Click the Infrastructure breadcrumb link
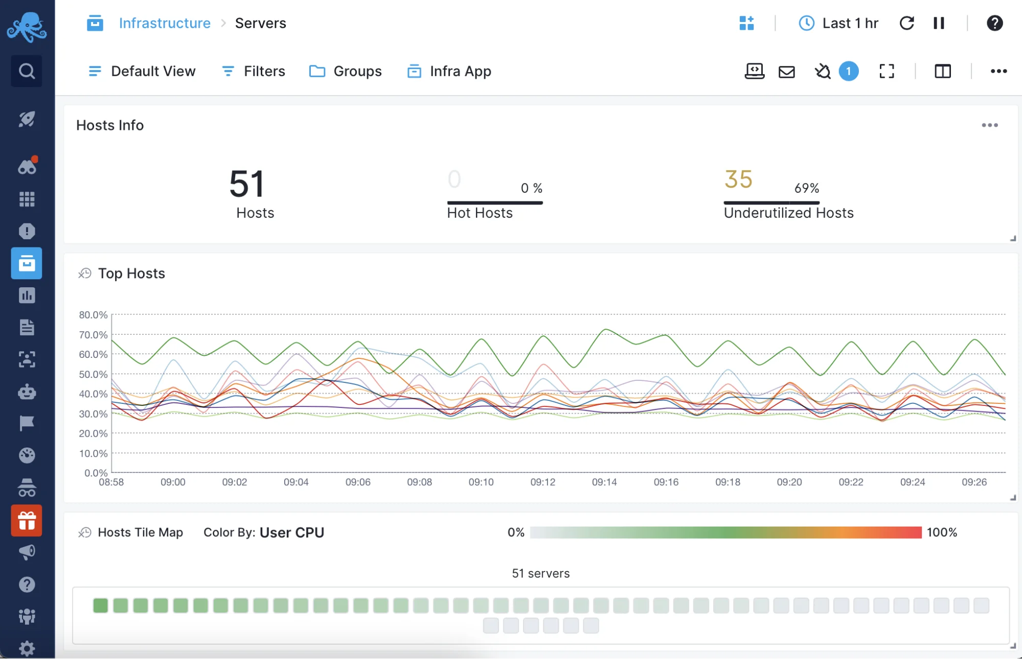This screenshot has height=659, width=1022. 164,23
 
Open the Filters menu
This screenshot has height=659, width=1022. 254,71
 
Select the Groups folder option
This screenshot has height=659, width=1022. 346,71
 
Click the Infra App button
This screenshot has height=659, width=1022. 449,71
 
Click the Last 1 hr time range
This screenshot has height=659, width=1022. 838,23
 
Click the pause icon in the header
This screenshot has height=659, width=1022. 939,23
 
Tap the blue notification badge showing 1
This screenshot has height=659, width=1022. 849,71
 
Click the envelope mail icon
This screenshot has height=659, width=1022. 786,72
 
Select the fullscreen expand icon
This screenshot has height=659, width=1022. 887,71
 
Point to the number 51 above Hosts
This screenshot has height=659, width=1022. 247,184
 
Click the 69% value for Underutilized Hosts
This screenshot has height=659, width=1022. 806,188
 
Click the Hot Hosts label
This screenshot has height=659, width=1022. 480,213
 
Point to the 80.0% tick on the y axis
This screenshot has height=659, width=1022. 93,315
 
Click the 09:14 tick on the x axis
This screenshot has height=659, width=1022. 604,482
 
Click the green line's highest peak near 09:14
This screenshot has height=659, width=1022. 606,330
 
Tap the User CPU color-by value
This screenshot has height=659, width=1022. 291,532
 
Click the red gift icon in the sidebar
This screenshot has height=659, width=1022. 27,520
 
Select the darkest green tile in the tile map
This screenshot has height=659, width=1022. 100,606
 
